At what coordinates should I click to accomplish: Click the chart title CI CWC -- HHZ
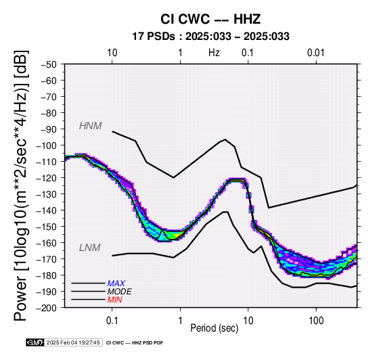tap(211, 19)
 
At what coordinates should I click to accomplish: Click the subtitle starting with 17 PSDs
tap(211, 37)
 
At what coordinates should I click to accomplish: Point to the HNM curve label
tap(91, 126)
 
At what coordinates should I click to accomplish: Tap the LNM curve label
tap(89, 248)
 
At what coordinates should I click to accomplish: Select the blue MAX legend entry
tap(116, 284)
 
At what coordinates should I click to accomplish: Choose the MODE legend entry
tap(119, 292)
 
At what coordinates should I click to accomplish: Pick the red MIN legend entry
tap(114, 300)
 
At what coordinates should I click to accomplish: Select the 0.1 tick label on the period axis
tap(112, 321)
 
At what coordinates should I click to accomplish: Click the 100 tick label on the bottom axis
tap(316, 321)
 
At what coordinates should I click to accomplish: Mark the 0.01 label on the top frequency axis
tap(316, 53)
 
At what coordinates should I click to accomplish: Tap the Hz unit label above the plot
tap(214, 53)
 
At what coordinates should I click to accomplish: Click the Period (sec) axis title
tap(215, 328)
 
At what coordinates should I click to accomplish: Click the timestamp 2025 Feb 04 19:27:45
tap(73, 342)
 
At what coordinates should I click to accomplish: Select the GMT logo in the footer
tap(35, 342)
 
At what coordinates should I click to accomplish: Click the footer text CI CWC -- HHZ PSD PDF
tap(135, 343)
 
